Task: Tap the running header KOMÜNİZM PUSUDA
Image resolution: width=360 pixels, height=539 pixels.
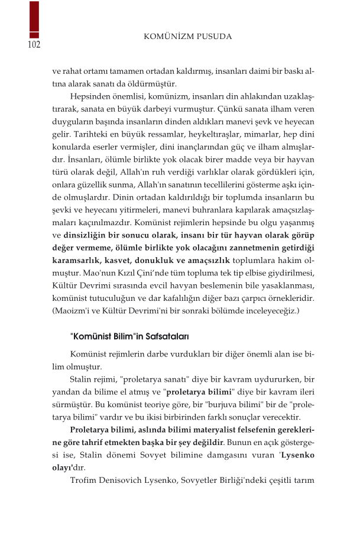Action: [x=187, y=37]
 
